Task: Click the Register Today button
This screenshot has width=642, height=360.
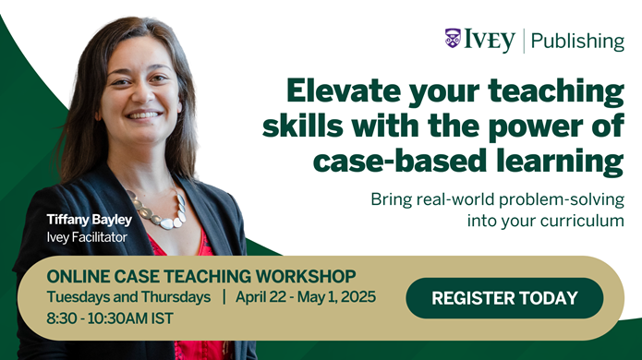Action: coord(503,298)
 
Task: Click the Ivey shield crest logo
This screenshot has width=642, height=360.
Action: coord(453,40)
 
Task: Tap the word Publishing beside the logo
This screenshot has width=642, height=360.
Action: coord(578,41)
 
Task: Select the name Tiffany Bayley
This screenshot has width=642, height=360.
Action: coord(89,220)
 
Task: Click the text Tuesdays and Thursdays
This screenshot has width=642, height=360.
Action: coord(128,298)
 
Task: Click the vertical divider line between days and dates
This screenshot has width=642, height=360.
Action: coord(224,298)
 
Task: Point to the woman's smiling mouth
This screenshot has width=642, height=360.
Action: coord(145,116)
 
